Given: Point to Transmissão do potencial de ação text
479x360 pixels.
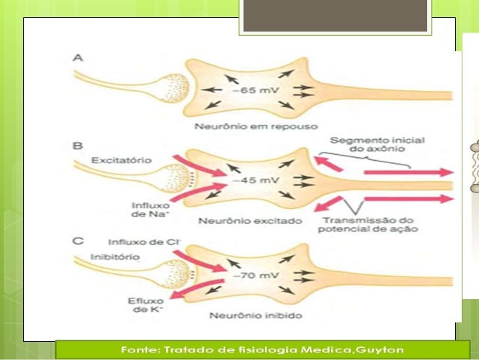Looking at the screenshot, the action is pos(367,224).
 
